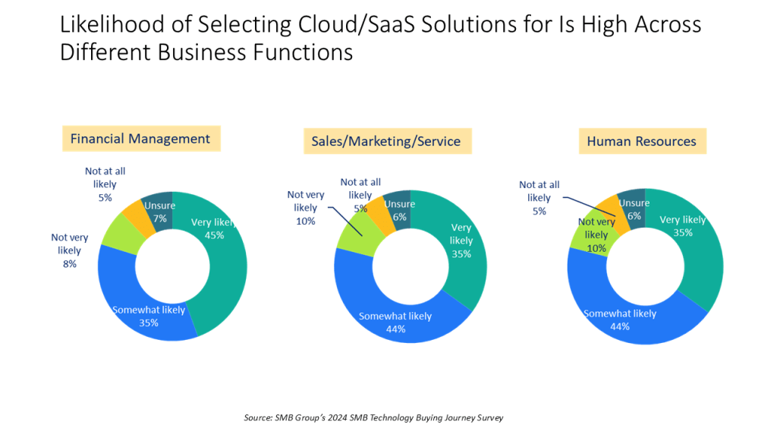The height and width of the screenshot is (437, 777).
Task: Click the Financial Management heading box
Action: [x=140, y=139]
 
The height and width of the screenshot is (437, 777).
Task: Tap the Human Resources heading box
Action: [x=641, y=141]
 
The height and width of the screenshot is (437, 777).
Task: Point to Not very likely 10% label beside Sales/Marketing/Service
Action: [x=306, y=208]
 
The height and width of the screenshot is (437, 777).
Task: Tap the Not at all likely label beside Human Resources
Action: [x=539, y=197]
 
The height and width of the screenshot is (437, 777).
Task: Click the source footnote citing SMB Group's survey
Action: [x=373, y=417]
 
